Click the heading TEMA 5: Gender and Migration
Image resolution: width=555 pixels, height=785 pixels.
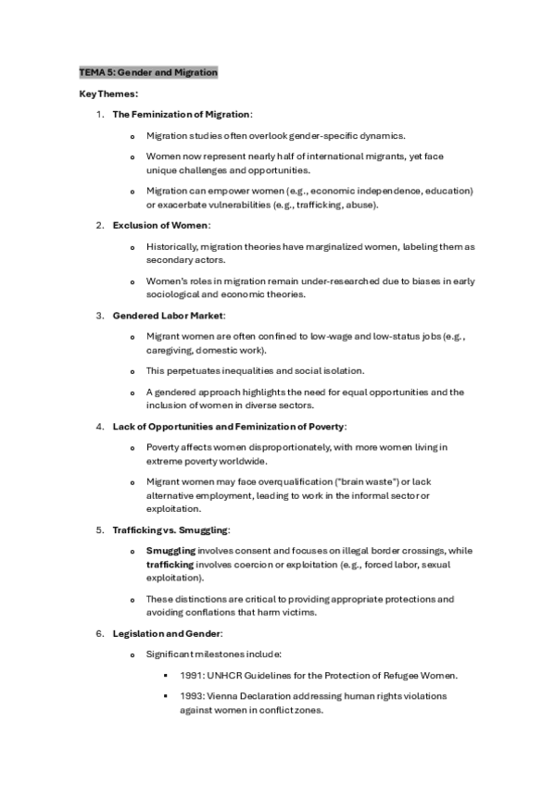click(x=148, y=71)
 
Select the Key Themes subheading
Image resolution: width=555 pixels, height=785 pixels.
click(x=108, y=93)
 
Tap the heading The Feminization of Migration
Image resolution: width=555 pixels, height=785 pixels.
click(x=182, y=114)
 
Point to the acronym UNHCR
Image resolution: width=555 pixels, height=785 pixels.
click(x=227, y=674)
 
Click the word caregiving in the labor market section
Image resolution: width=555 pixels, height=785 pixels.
click(x=170, y=350)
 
